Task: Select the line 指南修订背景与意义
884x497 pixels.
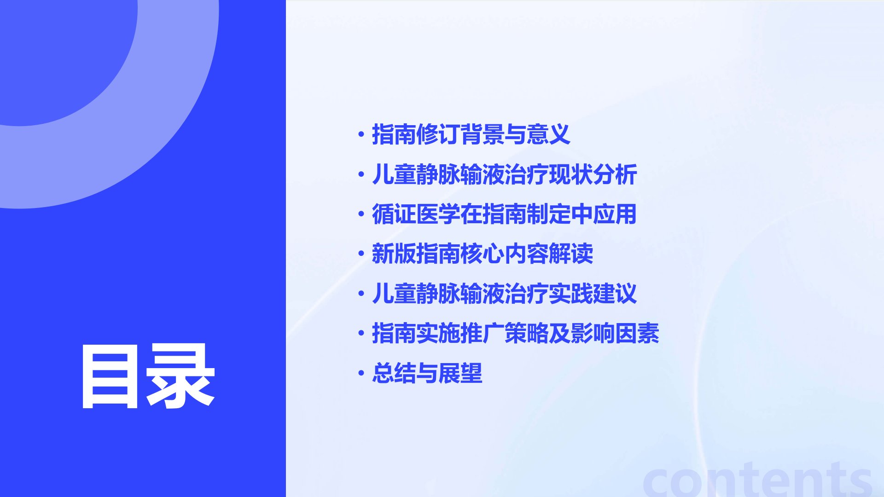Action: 471,134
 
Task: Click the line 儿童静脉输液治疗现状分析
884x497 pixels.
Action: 504,174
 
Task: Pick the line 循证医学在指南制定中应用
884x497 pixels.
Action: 504,214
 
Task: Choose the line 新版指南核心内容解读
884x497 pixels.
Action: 482,254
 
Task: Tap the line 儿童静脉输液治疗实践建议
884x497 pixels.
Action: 504,294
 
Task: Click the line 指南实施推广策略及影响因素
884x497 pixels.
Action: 515,333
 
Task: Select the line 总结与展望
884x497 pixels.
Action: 427,373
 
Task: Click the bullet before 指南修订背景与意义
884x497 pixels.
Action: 361,134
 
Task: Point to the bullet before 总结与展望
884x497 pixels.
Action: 361,373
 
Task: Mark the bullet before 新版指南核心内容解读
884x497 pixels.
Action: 361,254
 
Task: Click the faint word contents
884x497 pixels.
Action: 757,480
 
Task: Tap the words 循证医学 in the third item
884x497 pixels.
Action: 416,214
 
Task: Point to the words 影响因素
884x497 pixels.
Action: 615,333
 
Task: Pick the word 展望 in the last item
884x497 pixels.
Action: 460,373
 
